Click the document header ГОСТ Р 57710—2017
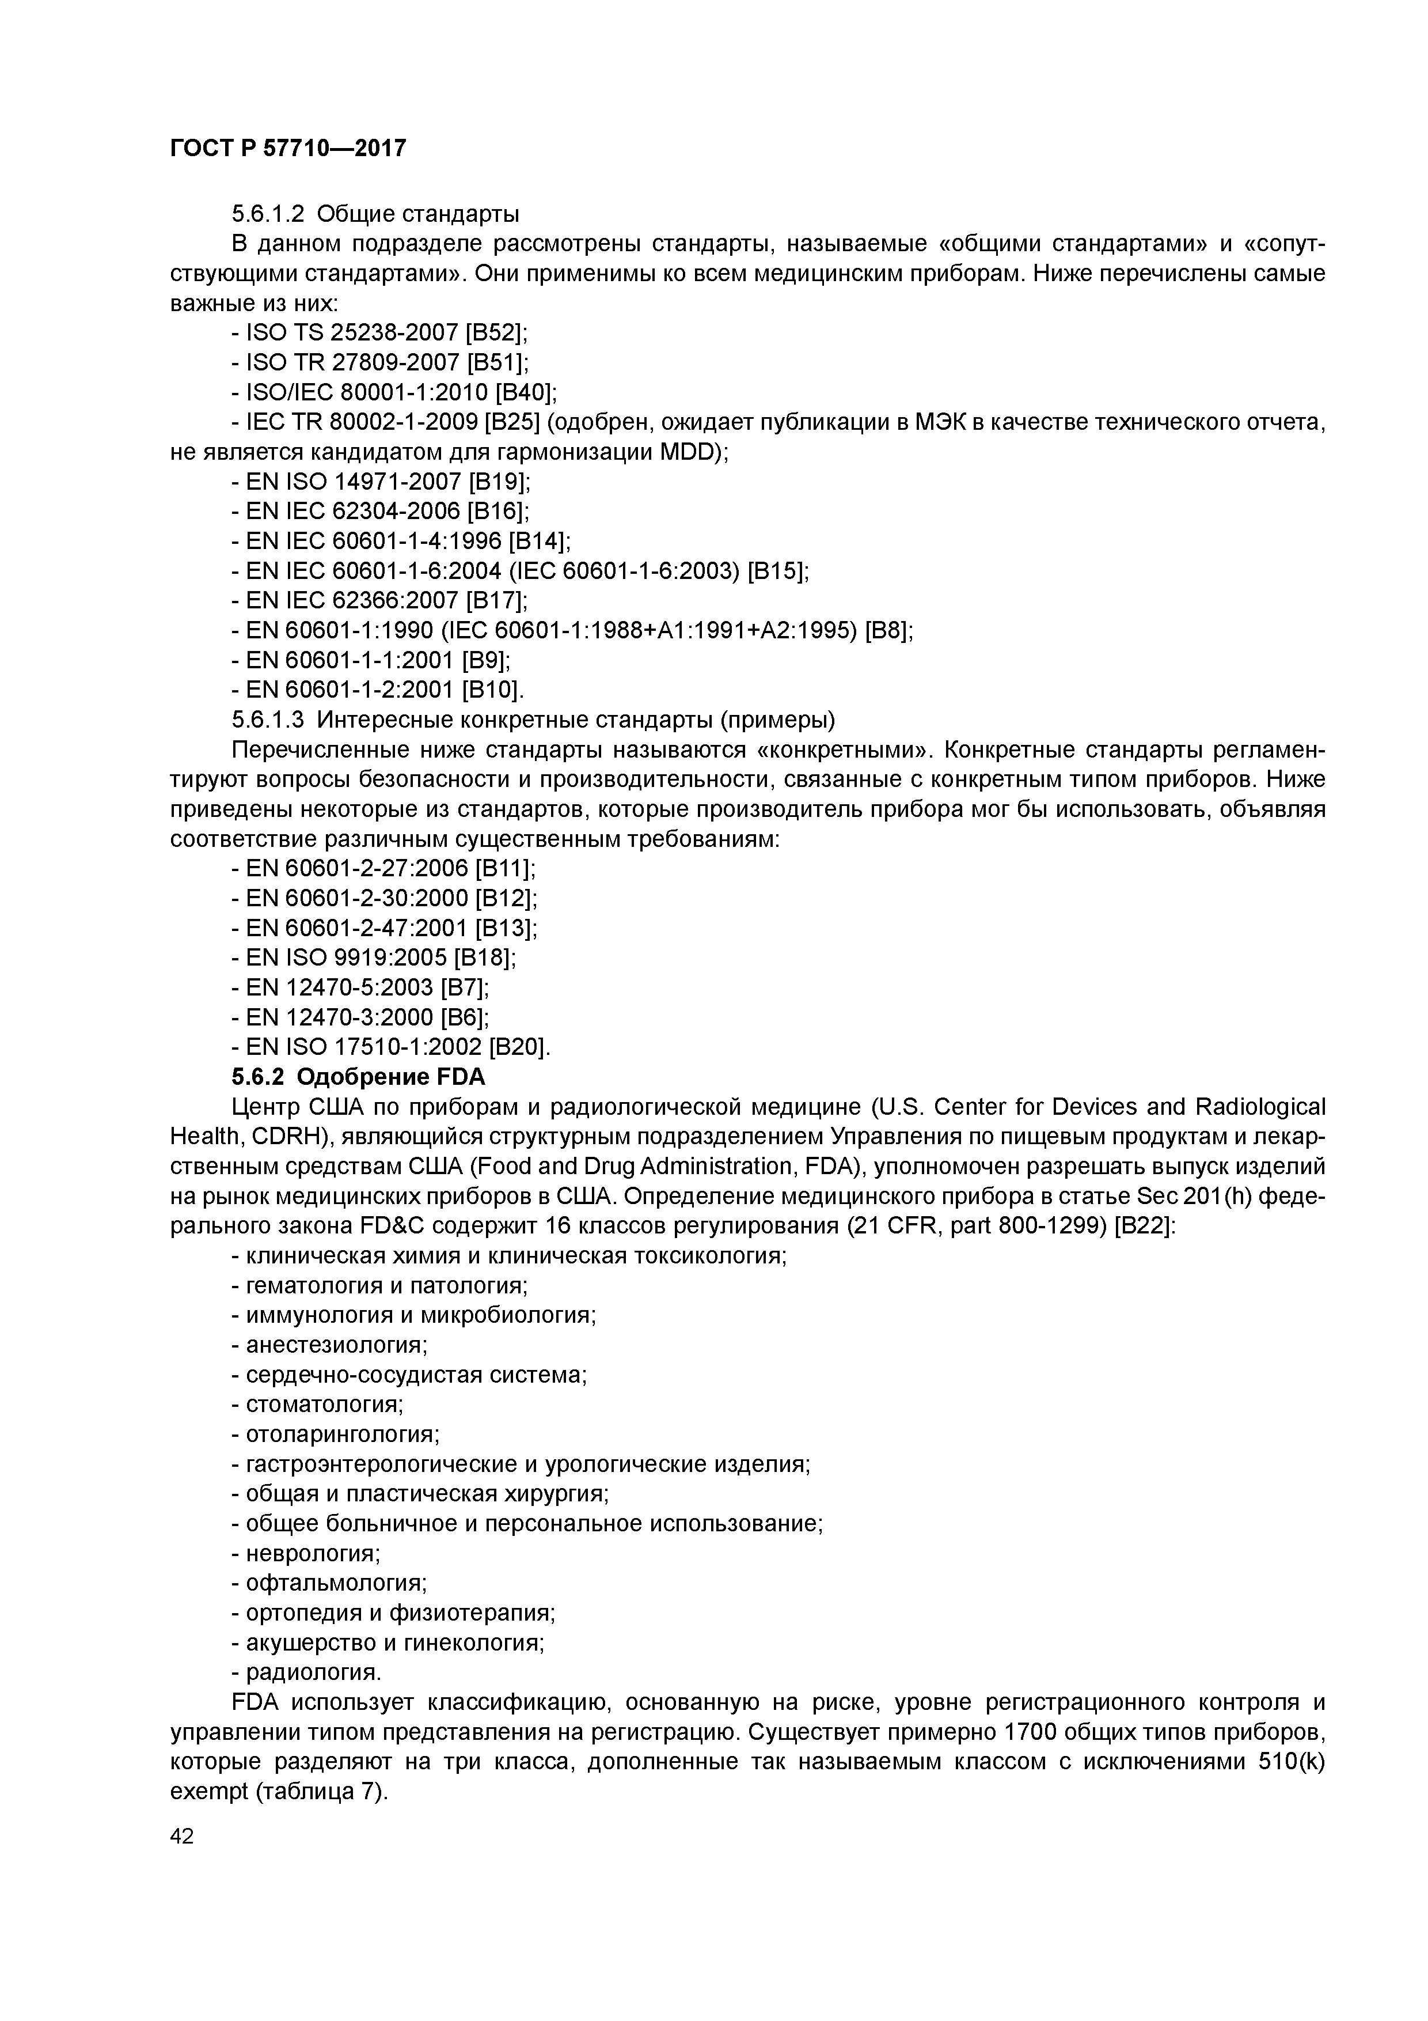288,148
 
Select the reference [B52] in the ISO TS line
497,333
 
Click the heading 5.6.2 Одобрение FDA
358,1077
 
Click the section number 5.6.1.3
268,720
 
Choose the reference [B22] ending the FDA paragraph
1144,1226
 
